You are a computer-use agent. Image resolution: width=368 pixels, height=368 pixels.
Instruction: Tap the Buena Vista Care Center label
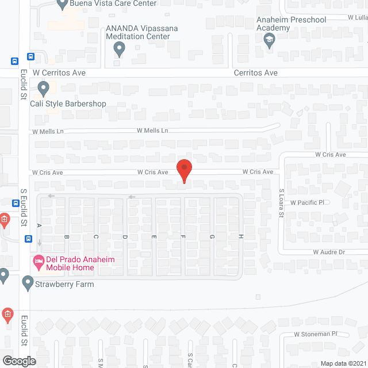pos(113,3)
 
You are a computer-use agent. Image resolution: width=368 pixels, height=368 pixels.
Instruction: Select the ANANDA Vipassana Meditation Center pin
pos(119,49)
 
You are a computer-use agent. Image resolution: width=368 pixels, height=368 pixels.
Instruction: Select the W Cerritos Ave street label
pos(59,73)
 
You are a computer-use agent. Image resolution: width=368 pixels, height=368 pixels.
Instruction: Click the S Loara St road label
pos(282,203)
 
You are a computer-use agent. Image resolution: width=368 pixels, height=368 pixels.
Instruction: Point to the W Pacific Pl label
pos(308,202)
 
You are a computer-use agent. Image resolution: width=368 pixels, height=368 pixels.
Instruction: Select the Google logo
pos(18,361)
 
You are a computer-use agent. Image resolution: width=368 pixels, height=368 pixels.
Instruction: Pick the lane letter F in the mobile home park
pos(183,237)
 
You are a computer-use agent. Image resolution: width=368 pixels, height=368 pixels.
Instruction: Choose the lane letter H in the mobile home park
pos(241,237)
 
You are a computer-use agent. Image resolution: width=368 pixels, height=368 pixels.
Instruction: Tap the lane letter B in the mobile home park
pos(67,237)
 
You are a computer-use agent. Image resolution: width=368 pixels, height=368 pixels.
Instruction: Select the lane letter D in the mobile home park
pos(124,237)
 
